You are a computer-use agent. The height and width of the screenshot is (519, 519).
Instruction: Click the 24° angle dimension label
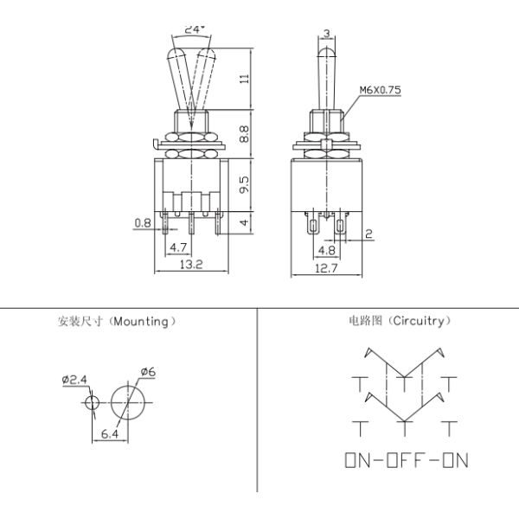pos(193,29)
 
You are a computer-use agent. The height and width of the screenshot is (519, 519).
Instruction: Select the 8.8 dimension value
pos(245,133)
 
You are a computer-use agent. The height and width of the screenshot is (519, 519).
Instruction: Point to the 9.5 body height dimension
pos(245,184)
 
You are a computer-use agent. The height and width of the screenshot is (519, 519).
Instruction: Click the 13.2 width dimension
pos(190,266)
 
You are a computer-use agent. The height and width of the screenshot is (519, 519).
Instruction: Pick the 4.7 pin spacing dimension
pos(179,247)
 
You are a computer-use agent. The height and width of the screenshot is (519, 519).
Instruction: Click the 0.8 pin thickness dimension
pos(143,223)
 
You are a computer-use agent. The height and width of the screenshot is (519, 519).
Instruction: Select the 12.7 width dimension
pos(326,268)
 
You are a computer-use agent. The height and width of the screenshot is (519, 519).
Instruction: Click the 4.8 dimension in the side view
pos(327,250)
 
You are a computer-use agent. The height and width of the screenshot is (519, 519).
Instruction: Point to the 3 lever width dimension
pos(326,34)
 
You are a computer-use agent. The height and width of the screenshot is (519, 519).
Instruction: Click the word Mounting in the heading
pos(144,321)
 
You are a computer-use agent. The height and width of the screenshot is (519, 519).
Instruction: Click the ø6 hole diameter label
pos(148,372)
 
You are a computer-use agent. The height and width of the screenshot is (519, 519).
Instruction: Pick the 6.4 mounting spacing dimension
pos(109,435)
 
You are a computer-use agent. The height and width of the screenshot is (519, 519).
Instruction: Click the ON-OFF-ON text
pos(407,459)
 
